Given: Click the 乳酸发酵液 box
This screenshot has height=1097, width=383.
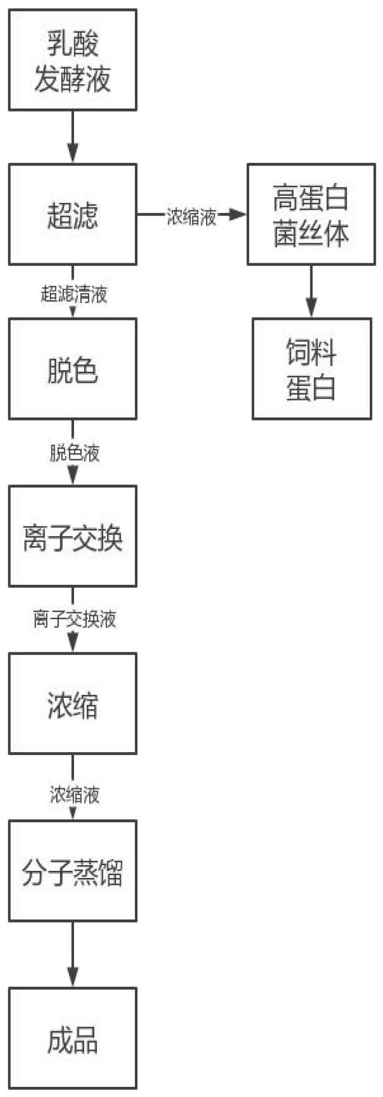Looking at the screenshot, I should (x=73, y=60).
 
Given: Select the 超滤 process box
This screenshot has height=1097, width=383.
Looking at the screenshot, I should (x=73, y=214).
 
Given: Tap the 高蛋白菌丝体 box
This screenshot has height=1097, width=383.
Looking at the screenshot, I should (x=311, y=214).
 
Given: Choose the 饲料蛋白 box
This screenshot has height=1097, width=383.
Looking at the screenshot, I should (x=311, y=369).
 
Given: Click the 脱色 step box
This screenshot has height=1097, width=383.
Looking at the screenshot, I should (x=73, y=369).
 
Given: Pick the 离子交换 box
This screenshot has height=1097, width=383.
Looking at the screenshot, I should (x=73, y=536).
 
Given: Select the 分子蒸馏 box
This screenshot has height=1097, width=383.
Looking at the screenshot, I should (x=73, y=871).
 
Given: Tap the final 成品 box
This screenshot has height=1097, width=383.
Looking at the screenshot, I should (x=73, y=1038).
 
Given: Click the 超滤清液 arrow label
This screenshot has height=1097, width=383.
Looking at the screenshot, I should (x=74, y=294).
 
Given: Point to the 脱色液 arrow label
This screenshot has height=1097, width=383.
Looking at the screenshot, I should (x=74, y=452).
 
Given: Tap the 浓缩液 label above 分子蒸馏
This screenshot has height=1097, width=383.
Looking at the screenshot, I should (x=74, y=794).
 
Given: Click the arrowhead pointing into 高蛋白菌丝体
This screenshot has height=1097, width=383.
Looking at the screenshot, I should (x=237, y=215).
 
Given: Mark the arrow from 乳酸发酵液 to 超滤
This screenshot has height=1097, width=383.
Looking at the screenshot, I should (x=73, y=136).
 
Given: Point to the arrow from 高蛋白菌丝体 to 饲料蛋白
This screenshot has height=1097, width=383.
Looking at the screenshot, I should (x=311, y=291).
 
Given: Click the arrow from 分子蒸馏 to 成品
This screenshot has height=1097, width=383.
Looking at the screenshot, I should (x=73, y=954).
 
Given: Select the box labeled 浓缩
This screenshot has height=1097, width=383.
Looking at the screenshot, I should (x=73, y=703).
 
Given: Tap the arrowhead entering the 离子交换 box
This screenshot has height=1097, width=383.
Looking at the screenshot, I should (x=73, y=477).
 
